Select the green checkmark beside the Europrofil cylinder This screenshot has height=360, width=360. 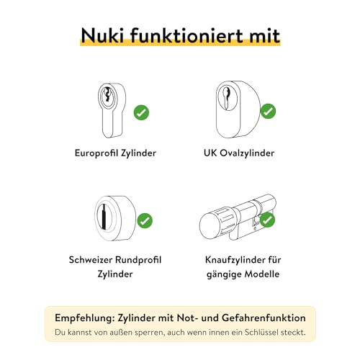(x=142, y=112)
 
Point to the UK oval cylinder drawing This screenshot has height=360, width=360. (x=238, y=108)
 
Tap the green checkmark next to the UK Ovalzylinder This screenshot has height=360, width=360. (x=268, y=112)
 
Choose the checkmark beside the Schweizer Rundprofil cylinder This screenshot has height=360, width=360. (x=145, y=220)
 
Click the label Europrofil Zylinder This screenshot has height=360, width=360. (x=115, y=153)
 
